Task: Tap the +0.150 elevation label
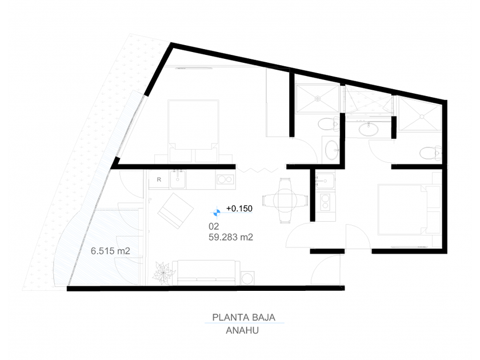[x=239, y=209]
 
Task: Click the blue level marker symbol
[x=217, y=211]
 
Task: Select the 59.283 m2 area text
[x=232, y=236]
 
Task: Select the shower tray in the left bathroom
[x=316, y=99]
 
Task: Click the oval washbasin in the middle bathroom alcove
[x=366, y=130]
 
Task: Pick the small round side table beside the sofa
[x=247, y=278]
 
